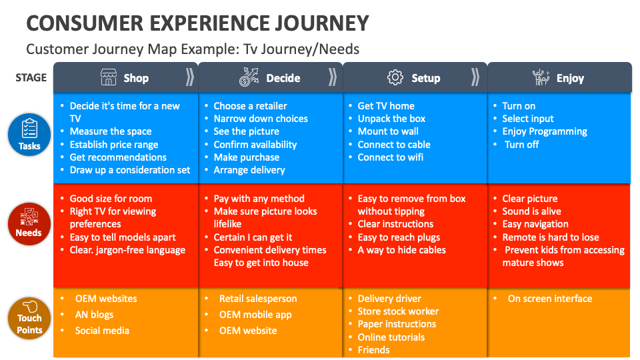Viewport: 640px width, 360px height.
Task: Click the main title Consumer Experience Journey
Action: click(197, 23)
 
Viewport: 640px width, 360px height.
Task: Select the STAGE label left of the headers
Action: click(31, 77)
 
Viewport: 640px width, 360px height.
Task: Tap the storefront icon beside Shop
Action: click(109, 77)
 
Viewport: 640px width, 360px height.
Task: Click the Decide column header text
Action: click(283, 78)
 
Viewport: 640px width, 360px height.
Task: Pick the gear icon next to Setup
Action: click(395, 77)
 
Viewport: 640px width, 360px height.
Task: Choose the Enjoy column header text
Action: click(570, 78)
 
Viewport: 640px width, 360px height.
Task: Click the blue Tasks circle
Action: click(29, 134)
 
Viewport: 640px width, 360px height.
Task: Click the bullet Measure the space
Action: click(111, 131)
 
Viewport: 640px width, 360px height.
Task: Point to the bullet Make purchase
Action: click(246, 157)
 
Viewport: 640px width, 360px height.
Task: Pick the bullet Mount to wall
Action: click(388, 131)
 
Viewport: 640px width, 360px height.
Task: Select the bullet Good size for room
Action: click(111, 199)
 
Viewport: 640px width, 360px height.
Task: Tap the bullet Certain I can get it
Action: click(253, 237)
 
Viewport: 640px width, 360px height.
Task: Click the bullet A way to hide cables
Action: click(401, 250)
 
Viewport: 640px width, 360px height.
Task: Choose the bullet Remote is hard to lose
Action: click(551, 237)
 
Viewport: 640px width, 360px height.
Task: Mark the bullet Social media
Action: click(102, 331)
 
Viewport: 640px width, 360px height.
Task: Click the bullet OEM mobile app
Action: click(255, 315)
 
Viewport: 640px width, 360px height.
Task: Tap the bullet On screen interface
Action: click(549, 299)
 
